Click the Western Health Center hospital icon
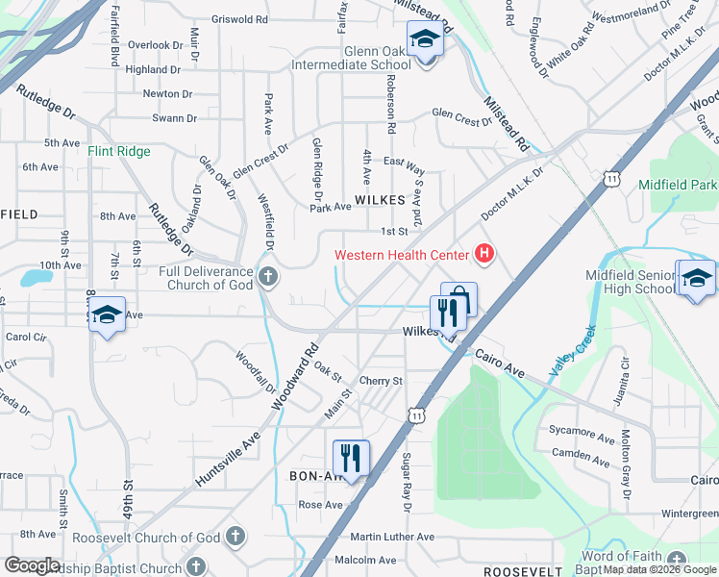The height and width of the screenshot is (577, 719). point(484,255)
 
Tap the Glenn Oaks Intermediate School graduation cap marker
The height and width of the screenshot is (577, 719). point(423,41)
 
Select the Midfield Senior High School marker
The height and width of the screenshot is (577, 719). point(696,281)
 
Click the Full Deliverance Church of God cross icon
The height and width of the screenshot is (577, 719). point(267,278)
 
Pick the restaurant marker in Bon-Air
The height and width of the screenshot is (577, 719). point(351,459)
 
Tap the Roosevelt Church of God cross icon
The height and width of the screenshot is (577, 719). point(236,538)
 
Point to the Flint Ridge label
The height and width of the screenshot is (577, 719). point(119,151)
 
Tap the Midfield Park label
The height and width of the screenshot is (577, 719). point(683,184)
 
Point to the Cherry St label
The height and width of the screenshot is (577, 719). point(381,381)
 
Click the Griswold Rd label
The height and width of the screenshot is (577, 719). point(239,18)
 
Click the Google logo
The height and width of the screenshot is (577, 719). point(33,565)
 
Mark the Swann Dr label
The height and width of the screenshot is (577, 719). point(174,118)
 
